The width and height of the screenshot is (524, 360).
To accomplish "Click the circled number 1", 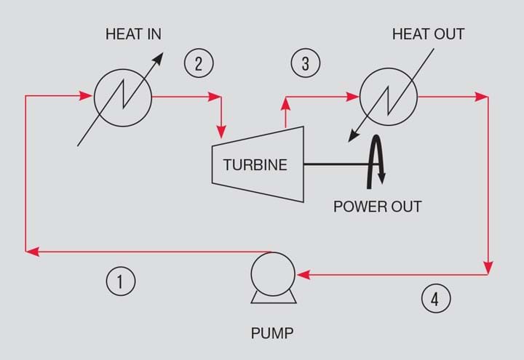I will (x=121, y=281).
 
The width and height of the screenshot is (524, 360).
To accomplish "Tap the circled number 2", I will (x=199, y=63).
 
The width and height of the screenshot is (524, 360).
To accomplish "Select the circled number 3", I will (x=305, y=63).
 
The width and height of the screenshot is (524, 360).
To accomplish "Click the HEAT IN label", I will (x=133, y=34).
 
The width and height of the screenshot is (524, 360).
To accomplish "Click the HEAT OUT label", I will (x=428, y=34).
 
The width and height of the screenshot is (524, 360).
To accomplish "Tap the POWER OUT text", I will (x=377, y=206).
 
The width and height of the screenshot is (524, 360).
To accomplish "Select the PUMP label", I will (x=272, y=334).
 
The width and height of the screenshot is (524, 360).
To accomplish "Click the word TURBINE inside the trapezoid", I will (x=255, y=165).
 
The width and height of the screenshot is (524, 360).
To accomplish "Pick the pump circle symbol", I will (x=272, y=274).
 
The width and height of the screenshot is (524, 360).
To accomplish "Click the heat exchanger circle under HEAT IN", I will (x=122, y=97).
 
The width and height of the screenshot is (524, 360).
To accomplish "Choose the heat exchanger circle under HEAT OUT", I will (x=389, y=97).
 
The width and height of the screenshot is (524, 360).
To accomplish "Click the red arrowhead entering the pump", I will (x=302, y=275).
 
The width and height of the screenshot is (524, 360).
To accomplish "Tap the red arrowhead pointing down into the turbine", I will (x=221, y=132).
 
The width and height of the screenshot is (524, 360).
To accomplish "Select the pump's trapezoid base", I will (x=273, y=297).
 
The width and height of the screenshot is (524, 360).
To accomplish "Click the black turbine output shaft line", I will (x=335, y=164).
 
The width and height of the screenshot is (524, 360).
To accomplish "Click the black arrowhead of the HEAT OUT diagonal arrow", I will (x=352, y=136).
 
